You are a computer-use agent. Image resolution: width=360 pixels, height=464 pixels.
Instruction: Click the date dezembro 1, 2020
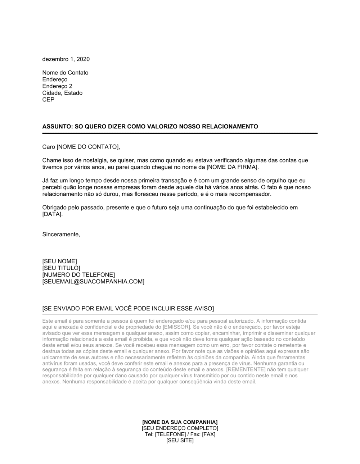click(66, 59)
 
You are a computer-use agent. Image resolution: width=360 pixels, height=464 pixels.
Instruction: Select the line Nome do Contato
click(65, 73)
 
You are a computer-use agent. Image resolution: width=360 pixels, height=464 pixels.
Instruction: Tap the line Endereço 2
click(57, 86)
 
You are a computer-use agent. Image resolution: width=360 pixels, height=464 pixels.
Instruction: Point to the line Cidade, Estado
click(62, 93)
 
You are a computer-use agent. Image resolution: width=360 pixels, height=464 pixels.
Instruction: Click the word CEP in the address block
click(48, 100)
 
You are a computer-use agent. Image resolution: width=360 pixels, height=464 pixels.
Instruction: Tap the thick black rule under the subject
click(180, 133)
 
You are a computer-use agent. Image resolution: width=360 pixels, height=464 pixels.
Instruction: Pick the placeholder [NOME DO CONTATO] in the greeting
click(87, 147)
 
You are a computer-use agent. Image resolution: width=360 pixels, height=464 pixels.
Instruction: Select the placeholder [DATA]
click(52, 214)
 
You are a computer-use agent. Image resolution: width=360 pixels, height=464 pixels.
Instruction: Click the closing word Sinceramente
click(61, 235)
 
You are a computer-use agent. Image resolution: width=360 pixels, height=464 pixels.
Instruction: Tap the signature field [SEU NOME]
click(60, 261)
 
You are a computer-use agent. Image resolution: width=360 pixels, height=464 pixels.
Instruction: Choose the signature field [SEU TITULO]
click(61, 268)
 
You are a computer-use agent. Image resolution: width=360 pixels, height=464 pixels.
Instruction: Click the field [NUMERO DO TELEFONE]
click(78, 275)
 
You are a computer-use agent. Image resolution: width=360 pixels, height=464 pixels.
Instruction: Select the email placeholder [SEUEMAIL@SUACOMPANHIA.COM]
click(93, 282)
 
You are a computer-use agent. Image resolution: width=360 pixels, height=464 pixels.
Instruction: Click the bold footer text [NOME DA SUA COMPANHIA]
click(180, 422)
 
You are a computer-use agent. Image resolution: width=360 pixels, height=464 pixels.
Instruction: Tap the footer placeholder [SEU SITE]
click(180, 441)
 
